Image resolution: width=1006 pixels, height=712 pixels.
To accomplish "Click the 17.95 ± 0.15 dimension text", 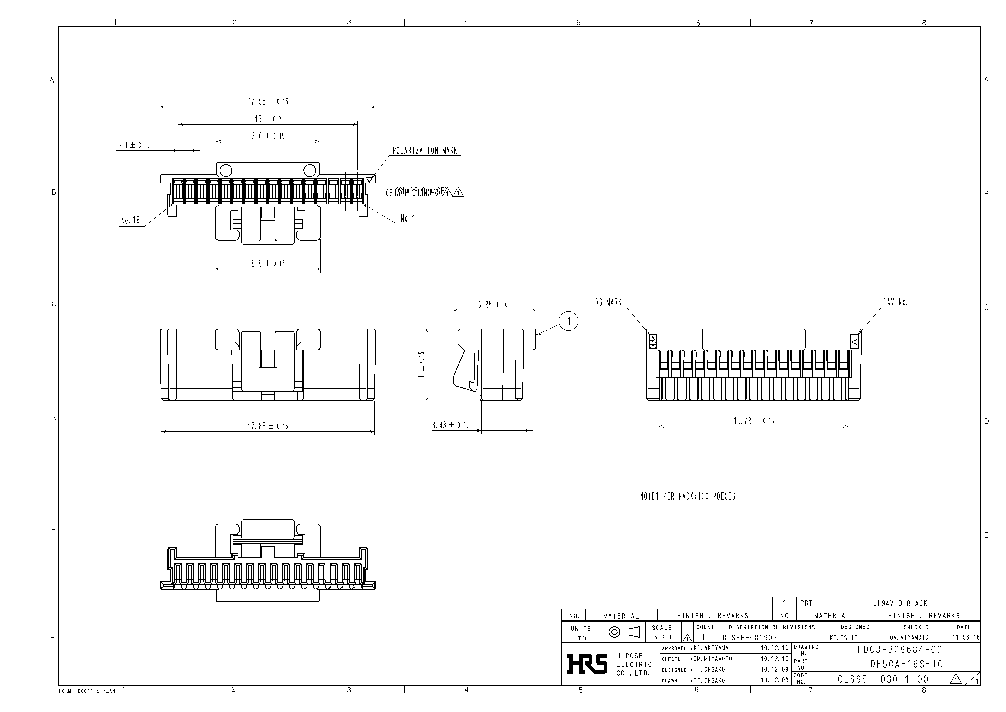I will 268,101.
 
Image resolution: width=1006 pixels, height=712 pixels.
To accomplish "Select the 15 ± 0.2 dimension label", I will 268,119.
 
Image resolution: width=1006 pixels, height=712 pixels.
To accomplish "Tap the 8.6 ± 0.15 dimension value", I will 268,136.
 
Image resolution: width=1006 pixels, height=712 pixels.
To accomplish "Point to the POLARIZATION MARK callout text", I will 425,151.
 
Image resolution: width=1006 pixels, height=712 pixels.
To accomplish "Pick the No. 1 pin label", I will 407,218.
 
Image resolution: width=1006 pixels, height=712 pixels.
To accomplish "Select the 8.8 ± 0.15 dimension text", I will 268,264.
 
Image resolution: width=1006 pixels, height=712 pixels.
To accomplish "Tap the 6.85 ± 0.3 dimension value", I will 495,305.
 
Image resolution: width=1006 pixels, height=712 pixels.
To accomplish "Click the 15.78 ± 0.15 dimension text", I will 754,421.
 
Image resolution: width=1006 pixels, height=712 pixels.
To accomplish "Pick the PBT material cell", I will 806,603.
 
